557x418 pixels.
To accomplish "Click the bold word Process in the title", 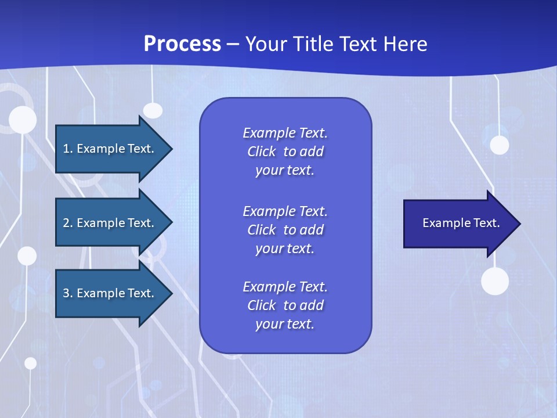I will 182,44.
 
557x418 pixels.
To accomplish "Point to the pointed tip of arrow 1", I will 171,149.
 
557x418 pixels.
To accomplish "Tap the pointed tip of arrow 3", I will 171,293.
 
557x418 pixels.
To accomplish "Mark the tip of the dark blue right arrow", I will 519,224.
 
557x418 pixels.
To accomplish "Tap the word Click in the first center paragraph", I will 262,152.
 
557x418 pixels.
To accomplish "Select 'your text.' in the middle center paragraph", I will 285,248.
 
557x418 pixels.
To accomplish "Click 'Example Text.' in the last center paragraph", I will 285,287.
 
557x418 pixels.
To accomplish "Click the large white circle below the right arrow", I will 495,282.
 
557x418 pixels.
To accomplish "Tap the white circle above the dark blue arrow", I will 499,145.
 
